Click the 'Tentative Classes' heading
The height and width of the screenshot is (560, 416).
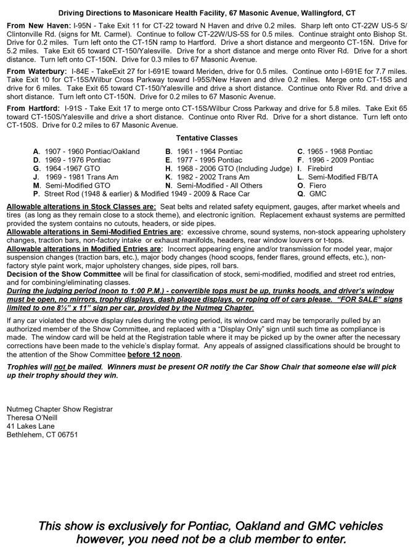pos(206,138)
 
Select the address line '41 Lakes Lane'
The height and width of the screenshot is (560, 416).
pos(30,426)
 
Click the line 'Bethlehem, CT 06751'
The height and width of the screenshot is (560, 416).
pos(42,434)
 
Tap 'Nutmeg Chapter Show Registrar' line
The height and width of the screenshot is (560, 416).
pos(60,408)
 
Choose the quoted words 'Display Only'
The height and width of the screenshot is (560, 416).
pos(256,330)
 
